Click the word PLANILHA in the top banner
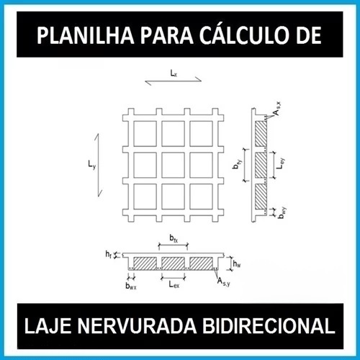[x=85, y=35]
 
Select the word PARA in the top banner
[x=167, y=35]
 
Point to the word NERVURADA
[x=137, y=326]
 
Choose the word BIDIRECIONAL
[x=269, y=326]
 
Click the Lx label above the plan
[x=174, y=73]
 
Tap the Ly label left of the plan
[x=91, y=165]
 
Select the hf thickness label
[x=109, y=254]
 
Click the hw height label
[x=237, y=264]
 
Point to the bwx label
[x=131, y=286]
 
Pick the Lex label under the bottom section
[x=174, y=284]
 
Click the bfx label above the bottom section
[x=174, y=238]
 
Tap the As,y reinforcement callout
[x=224, y=282]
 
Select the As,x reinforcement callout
[x=276, y=109]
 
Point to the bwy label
[x=282, y=212]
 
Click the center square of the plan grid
[x=174, y=165]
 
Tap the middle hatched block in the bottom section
[x=173, y=264]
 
